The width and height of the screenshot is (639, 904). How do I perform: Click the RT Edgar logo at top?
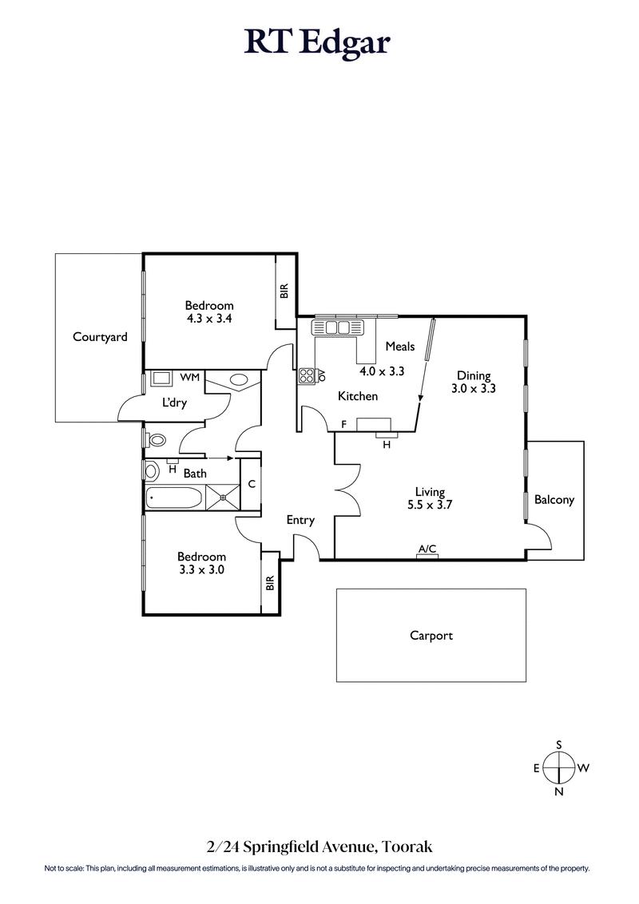317,42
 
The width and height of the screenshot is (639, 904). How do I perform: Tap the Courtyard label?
100,337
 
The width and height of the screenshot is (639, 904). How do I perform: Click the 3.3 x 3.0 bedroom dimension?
201,570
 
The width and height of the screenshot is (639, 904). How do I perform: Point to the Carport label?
431,636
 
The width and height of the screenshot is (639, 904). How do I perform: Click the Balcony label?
554,500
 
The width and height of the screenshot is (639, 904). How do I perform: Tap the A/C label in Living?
427,549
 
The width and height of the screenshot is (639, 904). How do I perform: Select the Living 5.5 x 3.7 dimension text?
429,505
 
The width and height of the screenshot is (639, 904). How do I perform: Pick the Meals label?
399,346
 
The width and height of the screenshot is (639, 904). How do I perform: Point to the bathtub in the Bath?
174,500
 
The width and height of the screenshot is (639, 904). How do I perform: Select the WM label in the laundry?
189,376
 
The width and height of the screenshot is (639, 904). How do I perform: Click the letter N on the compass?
559,791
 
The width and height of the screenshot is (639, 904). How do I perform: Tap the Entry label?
300,520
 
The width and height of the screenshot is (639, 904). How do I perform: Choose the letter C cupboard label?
251,484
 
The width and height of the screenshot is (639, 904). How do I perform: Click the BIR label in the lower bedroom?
270,584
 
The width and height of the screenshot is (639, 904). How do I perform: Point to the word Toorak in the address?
408,846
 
